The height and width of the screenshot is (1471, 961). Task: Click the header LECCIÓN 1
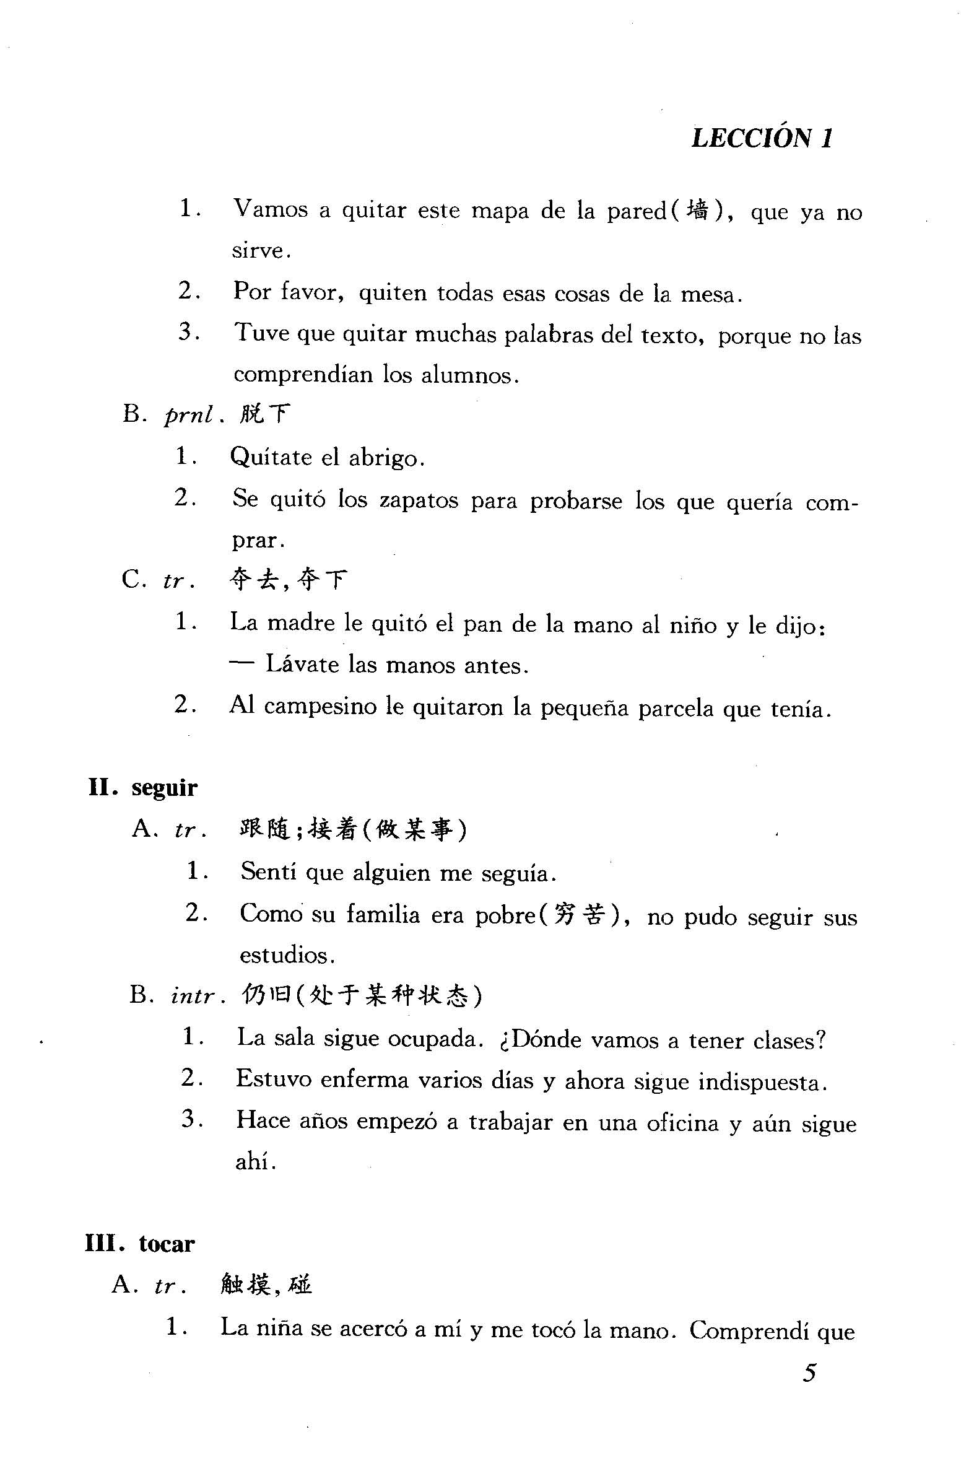[762, 137]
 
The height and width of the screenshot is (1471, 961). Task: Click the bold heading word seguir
[164, 788]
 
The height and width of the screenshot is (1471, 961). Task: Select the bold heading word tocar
[167, 1244]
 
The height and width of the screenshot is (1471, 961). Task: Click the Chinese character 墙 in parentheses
[698, 211]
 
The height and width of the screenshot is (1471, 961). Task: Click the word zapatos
[419, 500]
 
